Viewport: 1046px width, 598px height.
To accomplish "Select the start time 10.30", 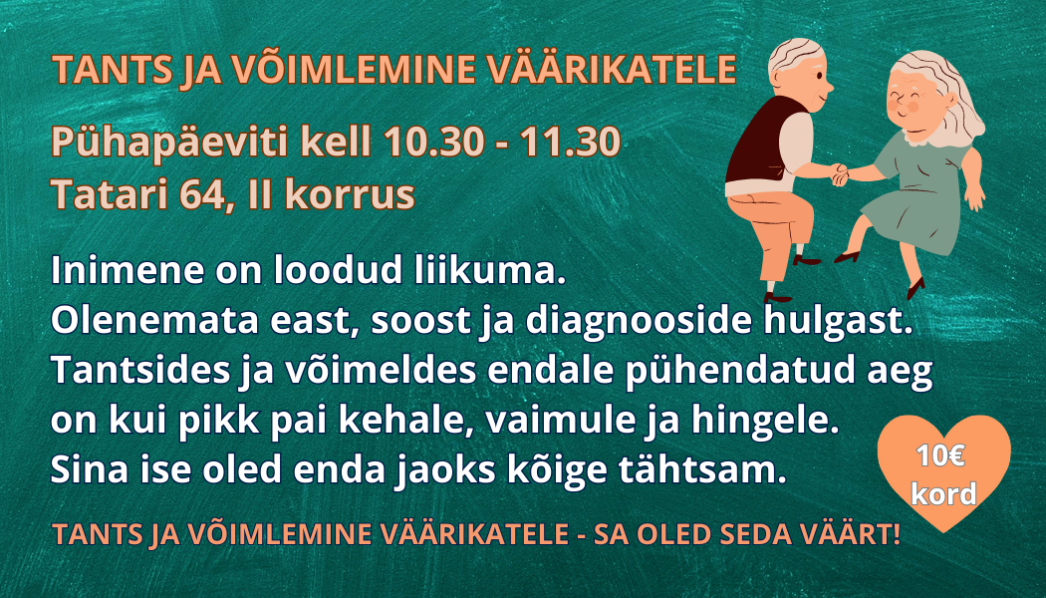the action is (x=433, y=141).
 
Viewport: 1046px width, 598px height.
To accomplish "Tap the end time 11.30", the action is (x=571, y=141).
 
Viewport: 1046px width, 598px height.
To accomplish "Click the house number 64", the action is (x=203, y=194).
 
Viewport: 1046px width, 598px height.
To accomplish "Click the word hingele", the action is (x=764, y=421).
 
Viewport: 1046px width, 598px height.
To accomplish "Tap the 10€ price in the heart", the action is (x=940, y=455).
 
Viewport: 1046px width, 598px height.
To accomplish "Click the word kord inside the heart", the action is (x=943, y=494).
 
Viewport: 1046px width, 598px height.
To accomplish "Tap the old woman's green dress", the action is (x=917, y=193).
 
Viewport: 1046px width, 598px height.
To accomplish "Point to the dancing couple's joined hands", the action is (x=839, y=174).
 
